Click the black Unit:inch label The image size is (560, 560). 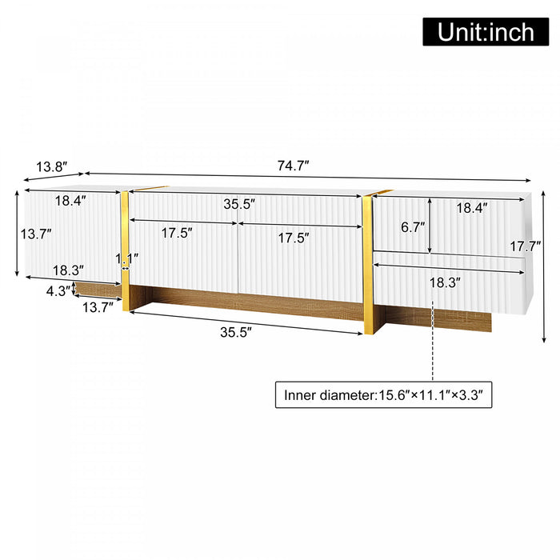click(486, 31)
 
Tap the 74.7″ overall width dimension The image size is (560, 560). click(294, 166)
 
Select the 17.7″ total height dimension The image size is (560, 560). click(527, 246)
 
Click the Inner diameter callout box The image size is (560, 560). click(382, 394)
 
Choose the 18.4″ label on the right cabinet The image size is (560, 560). click(471, 207)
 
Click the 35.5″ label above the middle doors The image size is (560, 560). click(239, 204)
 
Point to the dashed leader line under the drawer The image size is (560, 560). click(433, 340)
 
